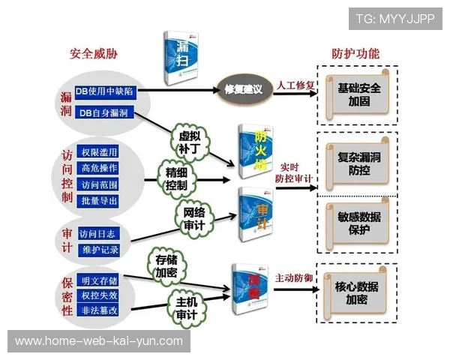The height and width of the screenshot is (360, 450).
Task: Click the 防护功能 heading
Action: pos(355,54)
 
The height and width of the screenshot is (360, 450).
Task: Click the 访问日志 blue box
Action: pos(98,232)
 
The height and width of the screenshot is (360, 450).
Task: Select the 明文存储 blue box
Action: pos(98,280)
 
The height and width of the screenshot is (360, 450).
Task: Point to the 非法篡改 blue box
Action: pos(98,309)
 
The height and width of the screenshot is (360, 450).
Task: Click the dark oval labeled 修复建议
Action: pos(243,89)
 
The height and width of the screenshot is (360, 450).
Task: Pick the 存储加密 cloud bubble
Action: pos(166,265)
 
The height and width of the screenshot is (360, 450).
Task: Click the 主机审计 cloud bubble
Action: pos(185,307)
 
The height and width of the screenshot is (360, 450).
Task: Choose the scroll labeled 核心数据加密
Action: pos(356,292)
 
